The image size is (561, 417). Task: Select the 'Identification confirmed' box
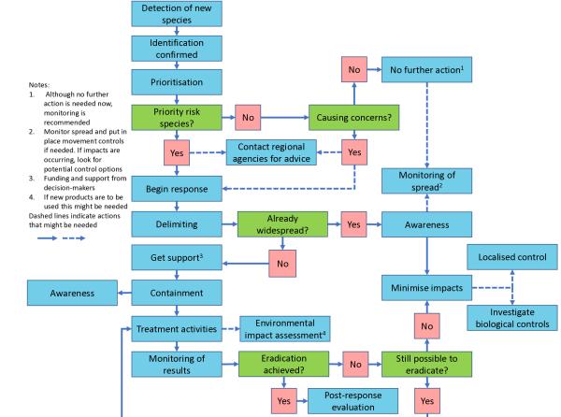[x=177, y=48]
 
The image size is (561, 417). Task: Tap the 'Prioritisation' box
[x=177, y=82]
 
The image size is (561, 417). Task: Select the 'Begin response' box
[x=177, y=190]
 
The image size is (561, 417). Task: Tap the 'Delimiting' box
[x=177, y=224]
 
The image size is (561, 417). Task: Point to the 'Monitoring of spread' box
[x=427, y=181]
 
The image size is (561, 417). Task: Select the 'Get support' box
[x=177, y=257]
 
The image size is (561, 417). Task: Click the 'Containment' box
[x=177, y=293]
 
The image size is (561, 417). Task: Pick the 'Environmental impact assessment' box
[x=284, y=330]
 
